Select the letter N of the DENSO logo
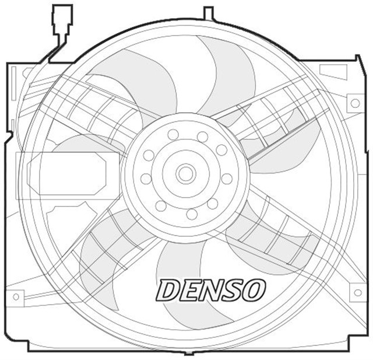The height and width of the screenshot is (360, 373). tap(212, 290)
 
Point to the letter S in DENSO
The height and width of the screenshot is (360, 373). tap(233, 290)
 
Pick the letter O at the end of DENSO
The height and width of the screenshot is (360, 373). tap(254, 290)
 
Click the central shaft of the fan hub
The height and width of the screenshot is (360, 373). tap(186, 173)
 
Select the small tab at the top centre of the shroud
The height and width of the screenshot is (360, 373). tap(209, 13)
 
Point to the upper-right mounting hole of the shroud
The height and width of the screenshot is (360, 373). tap(354, 103)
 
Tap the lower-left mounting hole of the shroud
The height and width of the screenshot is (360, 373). tap(16, 296)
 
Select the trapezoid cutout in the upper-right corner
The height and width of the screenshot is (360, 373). tap(333, 71)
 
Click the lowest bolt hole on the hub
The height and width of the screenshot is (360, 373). tap(191, 214)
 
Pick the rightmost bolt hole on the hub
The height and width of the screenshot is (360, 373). tap(227, 179)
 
